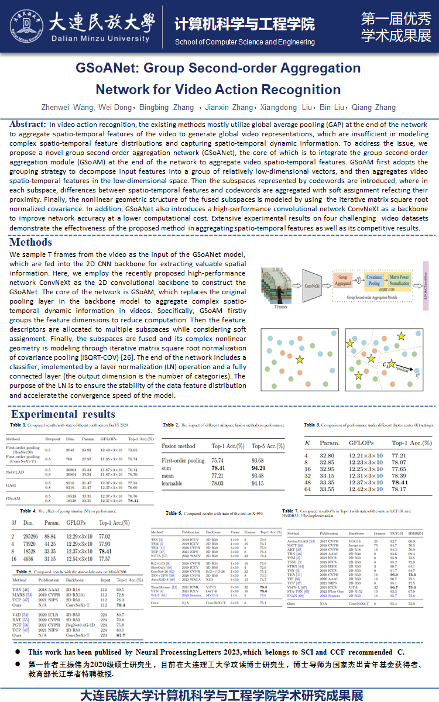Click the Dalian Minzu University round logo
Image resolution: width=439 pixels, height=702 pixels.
click(x=26, y=26)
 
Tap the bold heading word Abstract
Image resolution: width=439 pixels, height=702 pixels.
click(x=28, y=124)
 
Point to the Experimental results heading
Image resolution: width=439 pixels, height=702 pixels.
click(x=71, y=414)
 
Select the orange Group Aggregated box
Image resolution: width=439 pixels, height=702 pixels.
click(x=343, y=280)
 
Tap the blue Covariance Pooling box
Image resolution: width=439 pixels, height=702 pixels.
click(x=375, y=280)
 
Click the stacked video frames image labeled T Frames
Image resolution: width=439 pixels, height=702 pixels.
click(x=279, y=285)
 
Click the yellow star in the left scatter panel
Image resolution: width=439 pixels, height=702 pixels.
click(x=300, y=359)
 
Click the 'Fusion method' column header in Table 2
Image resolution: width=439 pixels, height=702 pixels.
click(x=179, y=446)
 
